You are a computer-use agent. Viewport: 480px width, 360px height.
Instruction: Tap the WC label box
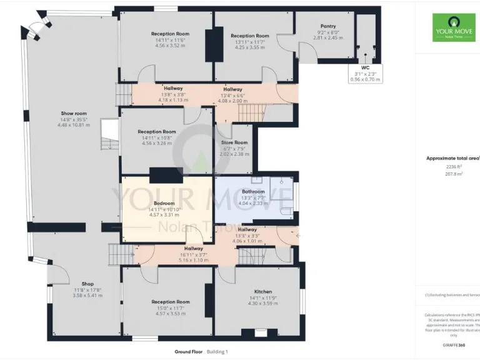[x=366, y=73]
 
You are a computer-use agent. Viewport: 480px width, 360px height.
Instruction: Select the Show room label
[x=74, y=114]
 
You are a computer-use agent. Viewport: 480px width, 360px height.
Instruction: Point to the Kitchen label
[x=262, y=291]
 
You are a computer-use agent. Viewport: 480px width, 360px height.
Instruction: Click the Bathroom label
[x=253, y=191]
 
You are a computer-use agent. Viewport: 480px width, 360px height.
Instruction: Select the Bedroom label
[x=164, y=203]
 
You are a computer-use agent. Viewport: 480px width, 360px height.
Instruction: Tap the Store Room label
[x=234, y=142]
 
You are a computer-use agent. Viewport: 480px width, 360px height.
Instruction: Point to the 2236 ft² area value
[x=452, y=167]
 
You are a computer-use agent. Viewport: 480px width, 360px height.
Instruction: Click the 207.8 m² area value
[x=452, y=175]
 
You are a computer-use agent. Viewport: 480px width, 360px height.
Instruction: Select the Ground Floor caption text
[x=189, y=352]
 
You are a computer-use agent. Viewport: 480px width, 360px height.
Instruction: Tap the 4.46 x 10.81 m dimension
[x=74, y=125]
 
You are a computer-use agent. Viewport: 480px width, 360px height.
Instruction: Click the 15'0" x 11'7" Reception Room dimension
[x=170, y=308]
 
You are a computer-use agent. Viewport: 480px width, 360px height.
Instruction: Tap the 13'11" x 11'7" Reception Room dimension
[x=249, y=41]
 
